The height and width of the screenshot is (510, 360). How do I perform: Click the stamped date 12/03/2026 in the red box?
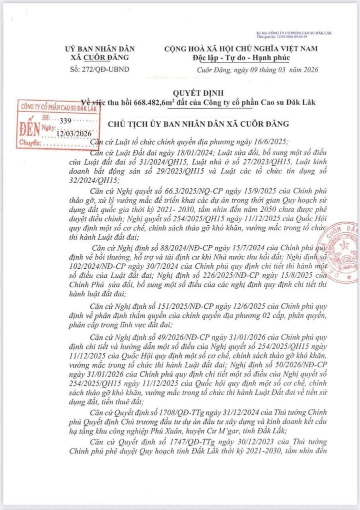tap(73, 133)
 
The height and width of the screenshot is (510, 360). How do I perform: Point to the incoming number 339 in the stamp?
tap(65, 121)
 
